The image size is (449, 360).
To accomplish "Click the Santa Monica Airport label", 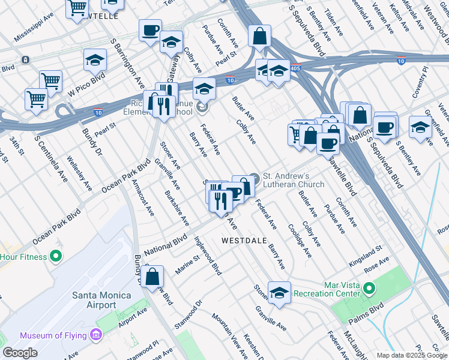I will pos(94,299).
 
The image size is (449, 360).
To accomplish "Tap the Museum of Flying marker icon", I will pos(95,334).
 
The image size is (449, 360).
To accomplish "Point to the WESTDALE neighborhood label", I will pos(244,240).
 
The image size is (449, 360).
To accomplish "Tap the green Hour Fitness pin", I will pos(56,257).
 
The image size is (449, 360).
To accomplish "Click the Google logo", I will pos(20,353).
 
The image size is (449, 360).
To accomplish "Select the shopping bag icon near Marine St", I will pos(153,277).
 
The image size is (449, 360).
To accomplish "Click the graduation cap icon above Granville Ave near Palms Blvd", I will pos(279,293).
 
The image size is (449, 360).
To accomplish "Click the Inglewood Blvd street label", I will pos(208,255).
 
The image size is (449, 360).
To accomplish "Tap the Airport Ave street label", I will pos(133,318).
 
